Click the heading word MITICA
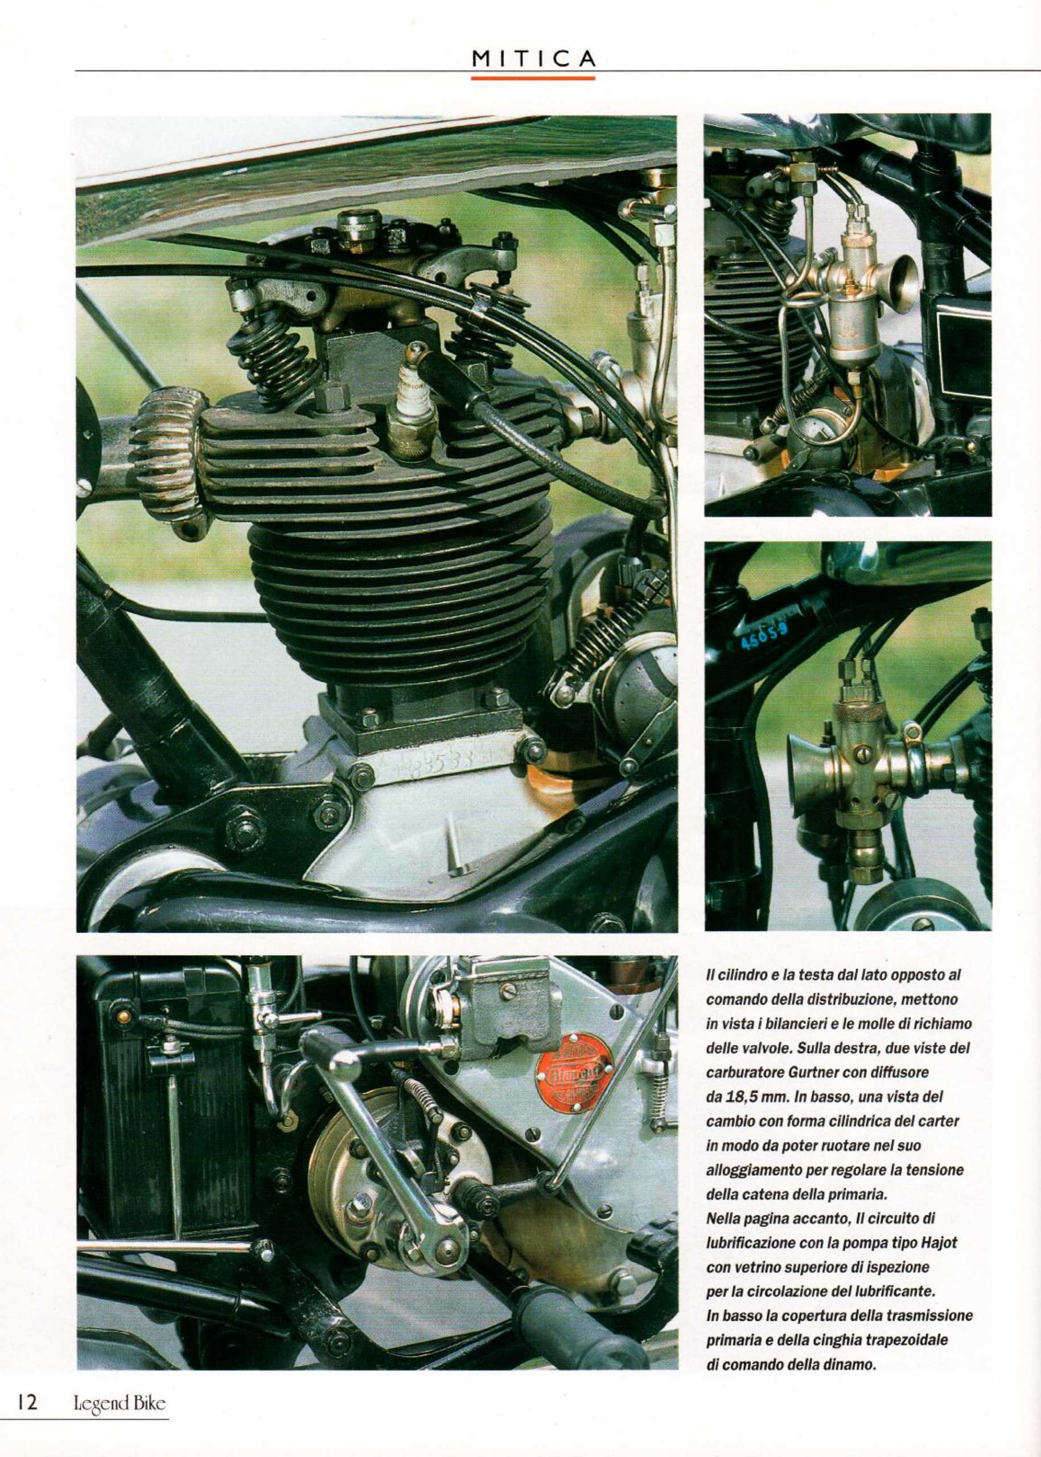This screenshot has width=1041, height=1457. point(533,59)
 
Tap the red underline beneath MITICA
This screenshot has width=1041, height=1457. point(533,77)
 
